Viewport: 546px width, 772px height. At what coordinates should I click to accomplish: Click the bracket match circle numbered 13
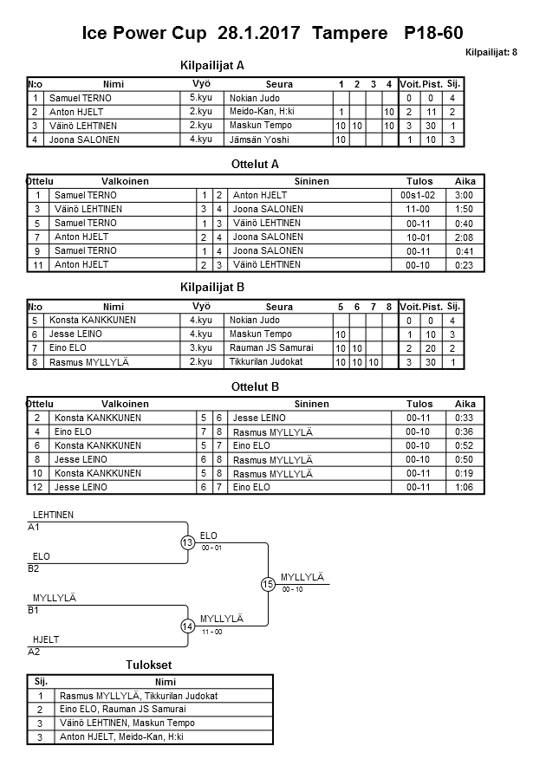(x=188, y=543)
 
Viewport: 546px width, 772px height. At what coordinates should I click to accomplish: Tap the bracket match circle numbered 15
(x=268, y=584)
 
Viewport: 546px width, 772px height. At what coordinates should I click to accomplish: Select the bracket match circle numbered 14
(x=188, y=626)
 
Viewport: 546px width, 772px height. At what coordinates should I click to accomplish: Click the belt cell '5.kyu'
(x=200, y=99)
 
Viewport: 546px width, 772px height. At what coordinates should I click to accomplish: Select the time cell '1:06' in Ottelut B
(x=465, y=487)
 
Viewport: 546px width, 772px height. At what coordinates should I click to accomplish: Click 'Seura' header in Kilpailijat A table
(x=279, y=85)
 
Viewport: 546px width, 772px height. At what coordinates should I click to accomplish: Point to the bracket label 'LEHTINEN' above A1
(x=53, y=515)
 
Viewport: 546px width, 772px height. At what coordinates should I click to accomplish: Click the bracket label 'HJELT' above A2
(x=46, y=639)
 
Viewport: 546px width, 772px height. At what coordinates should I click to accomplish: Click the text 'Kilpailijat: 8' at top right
(x=491, y=52)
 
